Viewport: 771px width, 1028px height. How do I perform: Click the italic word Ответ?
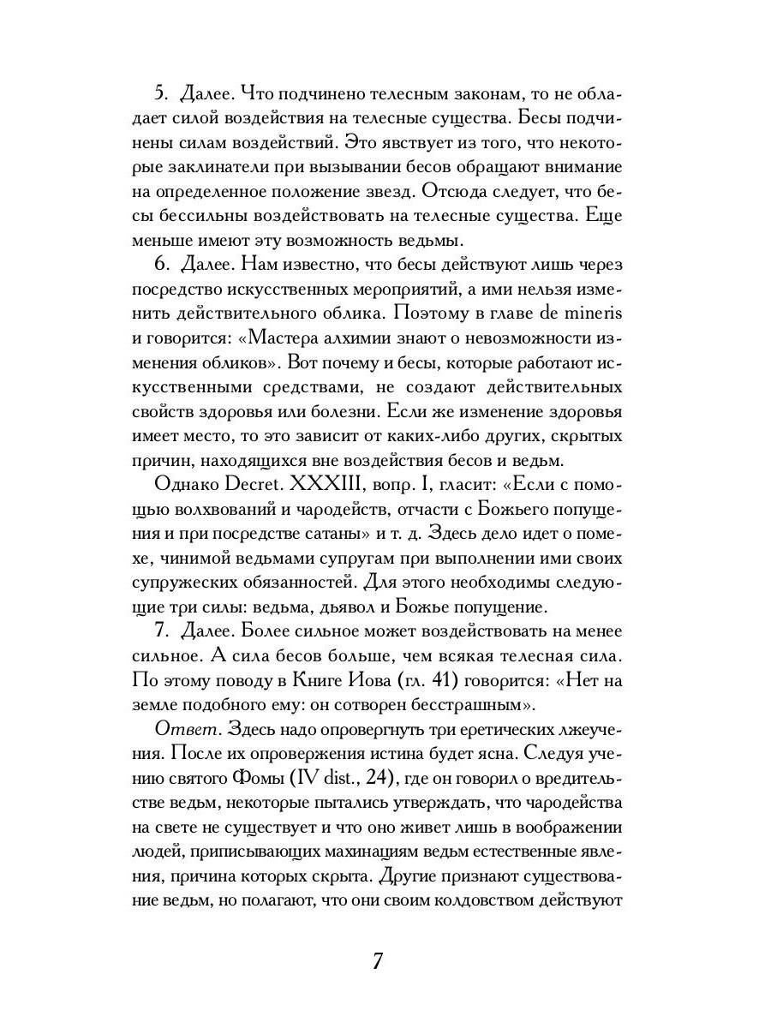pyautogui.click(x=181, y=731)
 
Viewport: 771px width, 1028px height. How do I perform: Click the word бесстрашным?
pyautogui.click(x=470, y=705)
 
